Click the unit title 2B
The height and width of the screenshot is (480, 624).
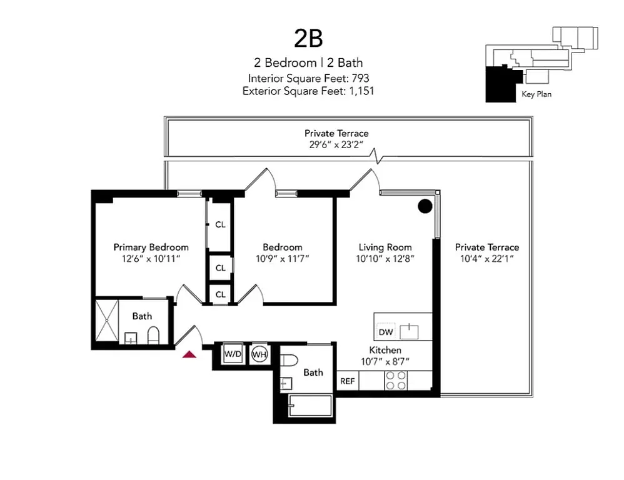(x=308, y=38)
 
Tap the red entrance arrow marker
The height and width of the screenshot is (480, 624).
(x=189, y=354)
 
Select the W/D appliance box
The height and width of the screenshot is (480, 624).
(x=233, y=354)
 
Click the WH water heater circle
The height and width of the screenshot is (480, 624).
(x=259, y=354)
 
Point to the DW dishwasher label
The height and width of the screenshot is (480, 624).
(x=386, y=332)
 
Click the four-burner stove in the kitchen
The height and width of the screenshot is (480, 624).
(x=395, y=381)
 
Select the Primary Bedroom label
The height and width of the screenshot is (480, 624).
(x=151, y=247)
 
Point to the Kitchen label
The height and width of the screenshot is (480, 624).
(x=385, y=350)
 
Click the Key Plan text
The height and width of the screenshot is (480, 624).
(x=536, y=95)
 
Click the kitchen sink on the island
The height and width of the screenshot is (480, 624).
(x=409, y=330)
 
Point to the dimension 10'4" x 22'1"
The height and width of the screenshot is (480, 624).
(x=486, y=258)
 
